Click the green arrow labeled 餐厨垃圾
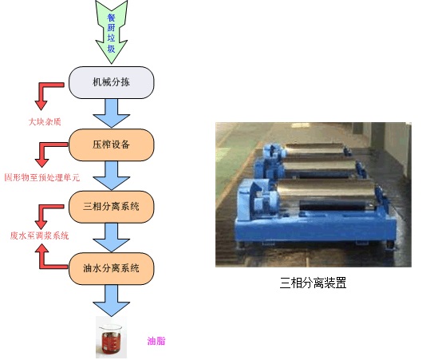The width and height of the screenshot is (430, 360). pos(112,32)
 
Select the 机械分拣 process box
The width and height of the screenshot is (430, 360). pos(112,82)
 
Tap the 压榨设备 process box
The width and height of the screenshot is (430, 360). pos(112,145)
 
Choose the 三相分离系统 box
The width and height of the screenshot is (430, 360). pos(112,207)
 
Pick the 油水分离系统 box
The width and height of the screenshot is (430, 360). pos(112,268)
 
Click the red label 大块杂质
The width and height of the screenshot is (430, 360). pos(45,122)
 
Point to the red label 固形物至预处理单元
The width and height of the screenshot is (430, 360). pos(42,177)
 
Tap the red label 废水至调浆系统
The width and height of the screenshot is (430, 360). pos(39,235)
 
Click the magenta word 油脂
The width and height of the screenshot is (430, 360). pos(156,341)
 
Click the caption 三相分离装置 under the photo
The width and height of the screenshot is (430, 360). pos(313,283)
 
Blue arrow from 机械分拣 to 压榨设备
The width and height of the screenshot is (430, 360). pos(112,113)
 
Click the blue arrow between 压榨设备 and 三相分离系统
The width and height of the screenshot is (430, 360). pos(112,176)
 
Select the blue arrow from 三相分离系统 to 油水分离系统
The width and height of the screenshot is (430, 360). pos(112,238)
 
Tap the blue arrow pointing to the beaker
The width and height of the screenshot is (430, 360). pos(112,300)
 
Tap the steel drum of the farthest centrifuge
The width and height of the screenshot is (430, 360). pos(314,149)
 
